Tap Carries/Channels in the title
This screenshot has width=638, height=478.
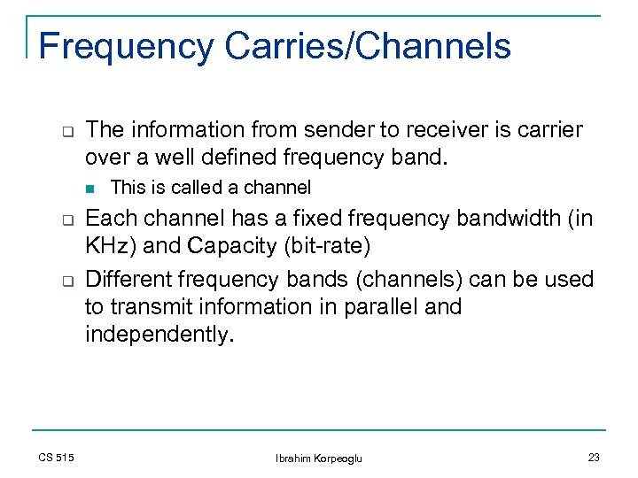click(368, 46)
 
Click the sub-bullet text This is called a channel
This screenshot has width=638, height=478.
click(211, 188)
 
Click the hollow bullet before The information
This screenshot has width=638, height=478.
click(66, 131)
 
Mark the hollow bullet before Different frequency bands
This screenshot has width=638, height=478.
click(66, 280)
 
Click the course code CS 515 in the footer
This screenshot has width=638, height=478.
click(57, 457)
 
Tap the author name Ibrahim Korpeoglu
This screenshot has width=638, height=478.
click(319, 458)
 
